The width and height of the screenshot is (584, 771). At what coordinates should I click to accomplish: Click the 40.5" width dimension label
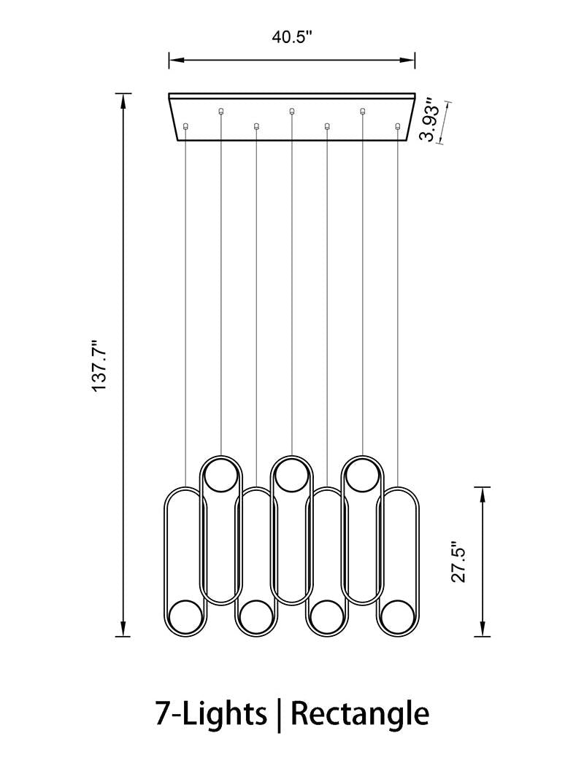[292, 37]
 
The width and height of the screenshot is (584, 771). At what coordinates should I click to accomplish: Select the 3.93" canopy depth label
[432, 122]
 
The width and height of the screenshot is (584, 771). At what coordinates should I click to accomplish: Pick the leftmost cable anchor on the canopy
[185, 126]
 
